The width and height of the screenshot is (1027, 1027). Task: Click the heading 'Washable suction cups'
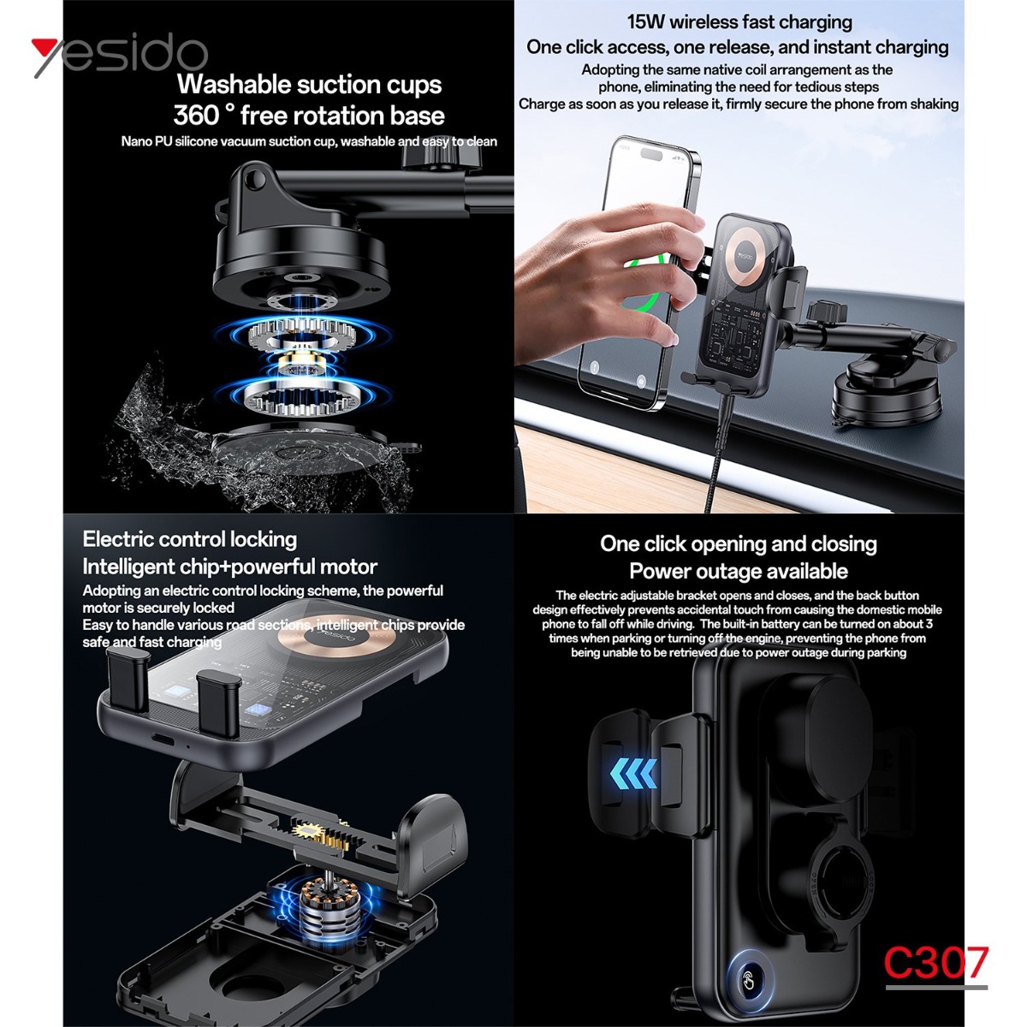309,86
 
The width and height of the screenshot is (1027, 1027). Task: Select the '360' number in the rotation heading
196,116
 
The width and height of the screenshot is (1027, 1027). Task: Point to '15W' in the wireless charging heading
645,22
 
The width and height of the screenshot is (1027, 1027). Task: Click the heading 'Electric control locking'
190,540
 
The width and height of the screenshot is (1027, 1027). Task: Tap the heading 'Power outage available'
738,572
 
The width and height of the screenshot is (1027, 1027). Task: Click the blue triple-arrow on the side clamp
633,774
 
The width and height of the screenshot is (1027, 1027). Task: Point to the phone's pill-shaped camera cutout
650,154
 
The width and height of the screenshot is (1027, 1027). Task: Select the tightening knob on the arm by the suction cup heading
442,154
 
